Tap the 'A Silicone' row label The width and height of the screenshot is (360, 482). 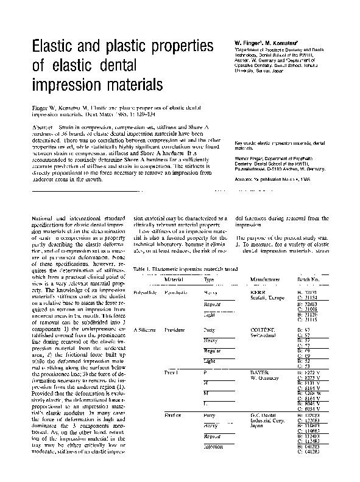[144, 329]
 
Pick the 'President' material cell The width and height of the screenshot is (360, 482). [175, 329]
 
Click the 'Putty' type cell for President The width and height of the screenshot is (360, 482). [209, 329]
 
